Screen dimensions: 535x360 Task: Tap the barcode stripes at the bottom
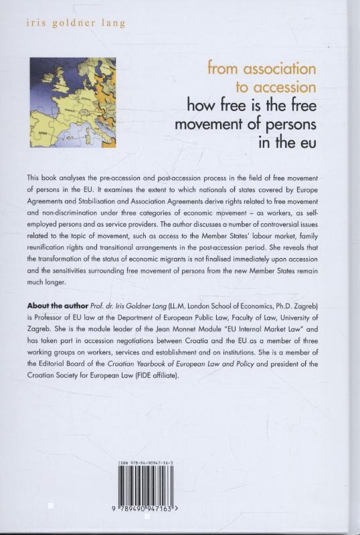click(149, 491)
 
